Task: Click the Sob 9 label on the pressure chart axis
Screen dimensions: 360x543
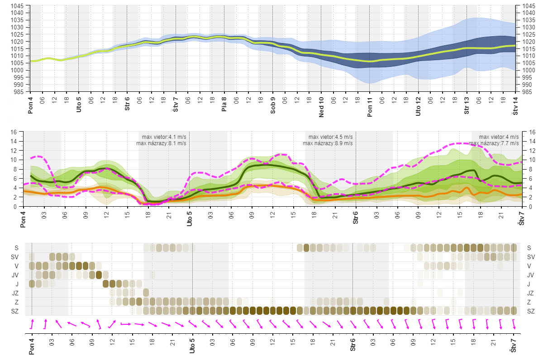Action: pos(273,104)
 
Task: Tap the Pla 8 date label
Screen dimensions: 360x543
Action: pos(224,104)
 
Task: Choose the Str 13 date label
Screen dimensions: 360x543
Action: pos(467,105)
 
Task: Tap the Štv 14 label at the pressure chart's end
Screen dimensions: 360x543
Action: pos(515,105)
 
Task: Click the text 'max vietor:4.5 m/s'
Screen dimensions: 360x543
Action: pos(331,137)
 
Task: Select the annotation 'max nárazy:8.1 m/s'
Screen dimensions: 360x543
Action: pos(161,143)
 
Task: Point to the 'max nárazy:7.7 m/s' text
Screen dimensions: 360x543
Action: pos(494,143)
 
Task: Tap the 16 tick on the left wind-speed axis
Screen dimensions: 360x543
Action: pos(14,132)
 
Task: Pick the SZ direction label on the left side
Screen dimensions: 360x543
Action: pos(16,311)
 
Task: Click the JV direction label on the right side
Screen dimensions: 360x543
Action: pos(531,275)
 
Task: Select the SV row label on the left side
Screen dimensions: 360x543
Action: pos(16,257)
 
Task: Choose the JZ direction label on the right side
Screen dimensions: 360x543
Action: pos(531,293)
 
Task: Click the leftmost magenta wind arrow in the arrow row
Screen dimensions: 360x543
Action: pos(32,324)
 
